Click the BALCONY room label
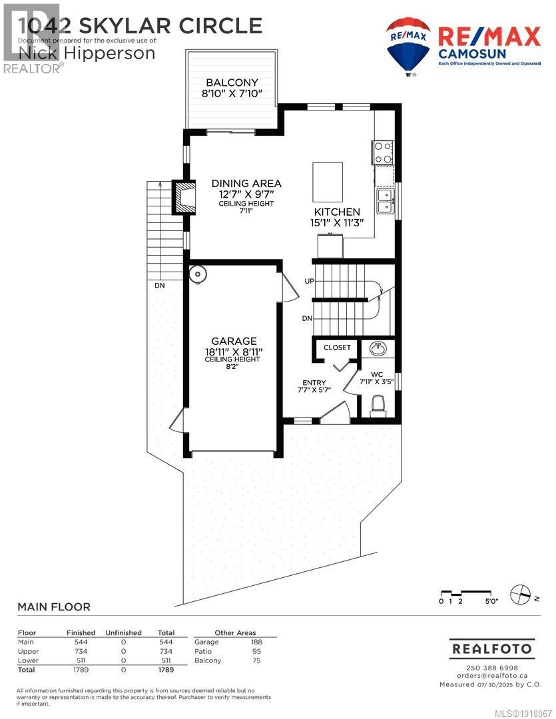(x=231, y=83)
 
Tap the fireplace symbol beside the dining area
(x=184, y=196)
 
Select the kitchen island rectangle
(x=328, y=182)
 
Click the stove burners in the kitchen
(x=383, y=152)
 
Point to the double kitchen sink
(x=384, y=201)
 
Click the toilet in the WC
(x=378, y=404)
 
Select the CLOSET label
(x=337, y=348)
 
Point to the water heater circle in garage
(x=198, y=274)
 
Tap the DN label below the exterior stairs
(x=159, y=286)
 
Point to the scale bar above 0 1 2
(x=466, y=592)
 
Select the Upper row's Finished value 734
(x=77, y=651)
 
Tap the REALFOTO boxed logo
(x=491, y=648)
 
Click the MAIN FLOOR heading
(x=53, y=607)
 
